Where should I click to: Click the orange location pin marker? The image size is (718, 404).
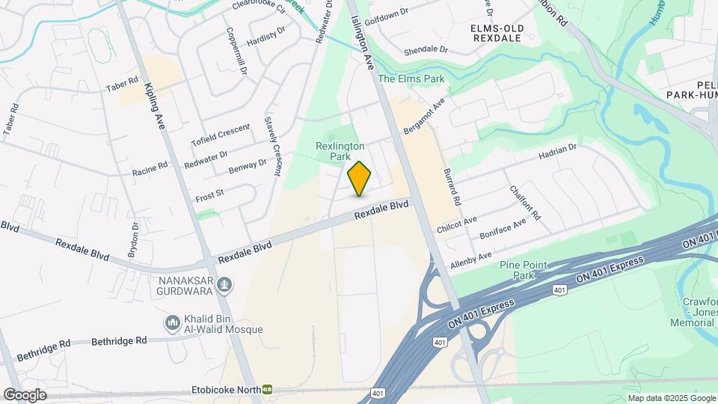(x=360, y=179)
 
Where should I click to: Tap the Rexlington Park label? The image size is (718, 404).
(x=340, y=152)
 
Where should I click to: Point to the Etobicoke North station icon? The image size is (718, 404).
(x=267, y=390)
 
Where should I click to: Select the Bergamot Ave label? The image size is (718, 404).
(x=424, y=116)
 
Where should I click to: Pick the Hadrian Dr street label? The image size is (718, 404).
(x=557, y=153)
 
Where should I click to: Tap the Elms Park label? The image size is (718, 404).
(x=411, y=79)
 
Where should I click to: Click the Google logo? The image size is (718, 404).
(x=24, y=394)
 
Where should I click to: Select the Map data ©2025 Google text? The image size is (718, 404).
(x=671, y=397)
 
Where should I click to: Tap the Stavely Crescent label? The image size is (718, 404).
(x=271, y=146)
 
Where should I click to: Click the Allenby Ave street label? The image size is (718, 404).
(x=471, y=260)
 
